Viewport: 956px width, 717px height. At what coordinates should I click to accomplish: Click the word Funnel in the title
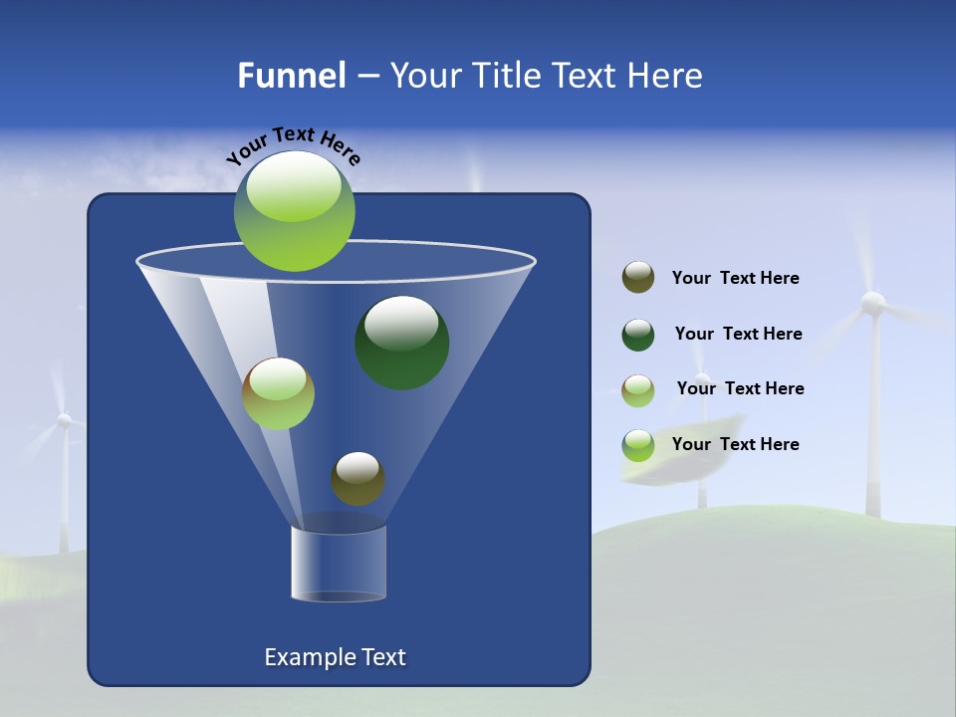pyautogui.click(x=291, y=76)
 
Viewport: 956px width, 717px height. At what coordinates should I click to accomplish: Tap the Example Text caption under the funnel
pyautogui.click(x=335, y=657)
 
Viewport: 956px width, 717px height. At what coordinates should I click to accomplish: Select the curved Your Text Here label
pyautogui.click(x=294, y=144)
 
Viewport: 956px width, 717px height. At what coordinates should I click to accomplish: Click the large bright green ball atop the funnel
pyautogui.click(x=295, y=210)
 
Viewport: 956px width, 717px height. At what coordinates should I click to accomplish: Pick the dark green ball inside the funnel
pyautogui.click(x=401, y=342)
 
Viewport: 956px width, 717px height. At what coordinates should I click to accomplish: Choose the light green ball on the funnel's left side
pyautogui.click(x=278, y=393)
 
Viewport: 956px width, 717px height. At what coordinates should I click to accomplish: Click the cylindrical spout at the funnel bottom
pyautogui.click(x=339, y=564)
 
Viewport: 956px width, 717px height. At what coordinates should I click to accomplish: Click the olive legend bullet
pyautogui.click(x=638, y=278)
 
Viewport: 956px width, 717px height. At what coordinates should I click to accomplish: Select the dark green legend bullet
pyautogui.click(x=638, y=335)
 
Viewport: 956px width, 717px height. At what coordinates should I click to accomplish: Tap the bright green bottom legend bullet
pyautogui.click(x=638, y=445)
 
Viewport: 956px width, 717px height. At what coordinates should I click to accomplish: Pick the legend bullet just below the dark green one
pyautogui.click(x=638, y=390)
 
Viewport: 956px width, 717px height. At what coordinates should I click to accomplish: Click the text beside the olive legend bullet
pyautogui.click(x=735, y=279)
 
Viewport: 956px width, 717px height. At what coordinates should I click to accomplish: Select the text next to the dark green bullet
pyautogui.click(x=738, y=335)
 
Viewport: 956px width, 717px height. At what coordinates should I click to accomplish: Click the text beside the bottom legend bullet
pyautogui.click(x=735, y=444)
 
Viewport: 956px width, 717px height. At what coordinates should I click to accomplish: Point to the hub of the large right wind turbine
pyautogui.click(x=872, y=303)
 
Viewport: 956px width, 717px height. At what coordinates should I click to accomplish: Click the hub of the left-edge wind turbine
pyautogui.click(x=64, y=421)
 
